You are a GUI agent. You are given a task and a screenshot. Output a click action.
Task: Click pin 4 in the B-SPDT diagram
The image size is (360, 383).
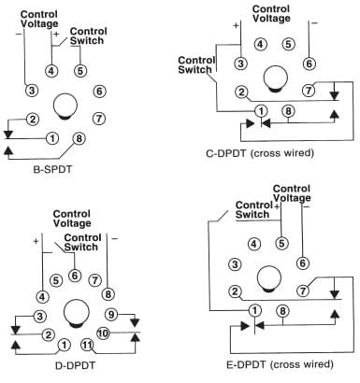click(51, 70)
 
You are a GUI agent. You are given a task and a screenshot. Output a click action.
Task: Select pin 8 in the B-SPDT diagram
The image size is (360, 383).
click(79, 139)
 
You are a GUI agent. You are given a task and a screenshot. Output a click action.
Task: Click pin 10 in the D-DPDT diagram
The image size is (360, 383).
click(103, 333)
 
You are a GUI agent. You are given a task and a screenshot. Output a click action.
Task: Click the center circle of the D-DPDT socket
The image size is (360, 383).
click(74, 310)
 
